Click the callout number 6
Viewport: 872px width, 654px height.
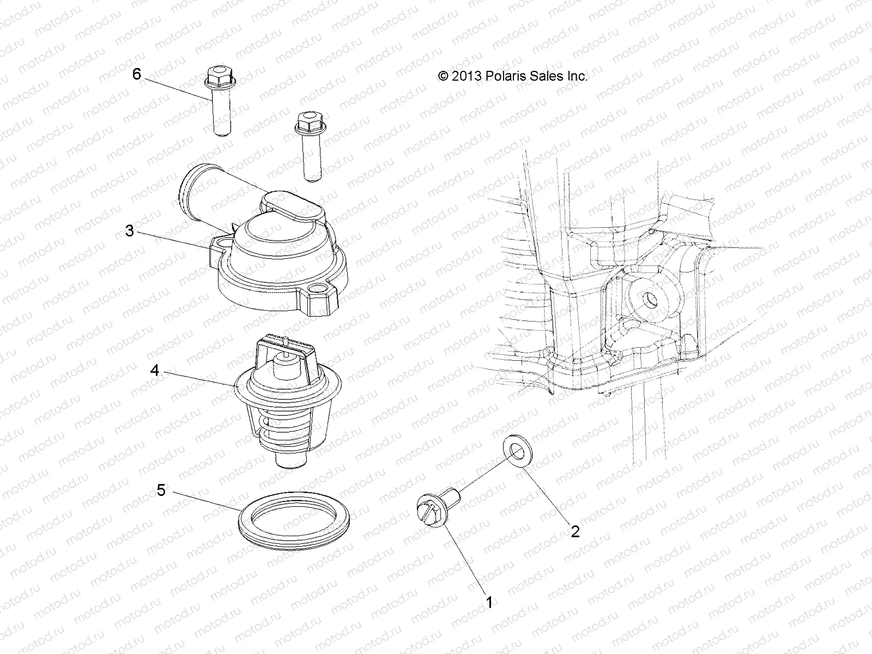click(x=137, y=74)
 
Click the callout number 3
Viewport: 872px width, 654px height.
click(x=129, y=231)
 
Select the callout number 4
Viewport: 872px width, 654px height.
click(x=155, y=371)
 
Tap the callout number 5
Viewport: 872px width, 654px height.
click(x=161, y=490)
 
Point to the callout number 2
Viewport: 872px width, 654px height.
click(x=576, y=530)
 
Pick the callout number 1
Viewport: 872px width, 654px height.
click(x=489, y=602)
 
